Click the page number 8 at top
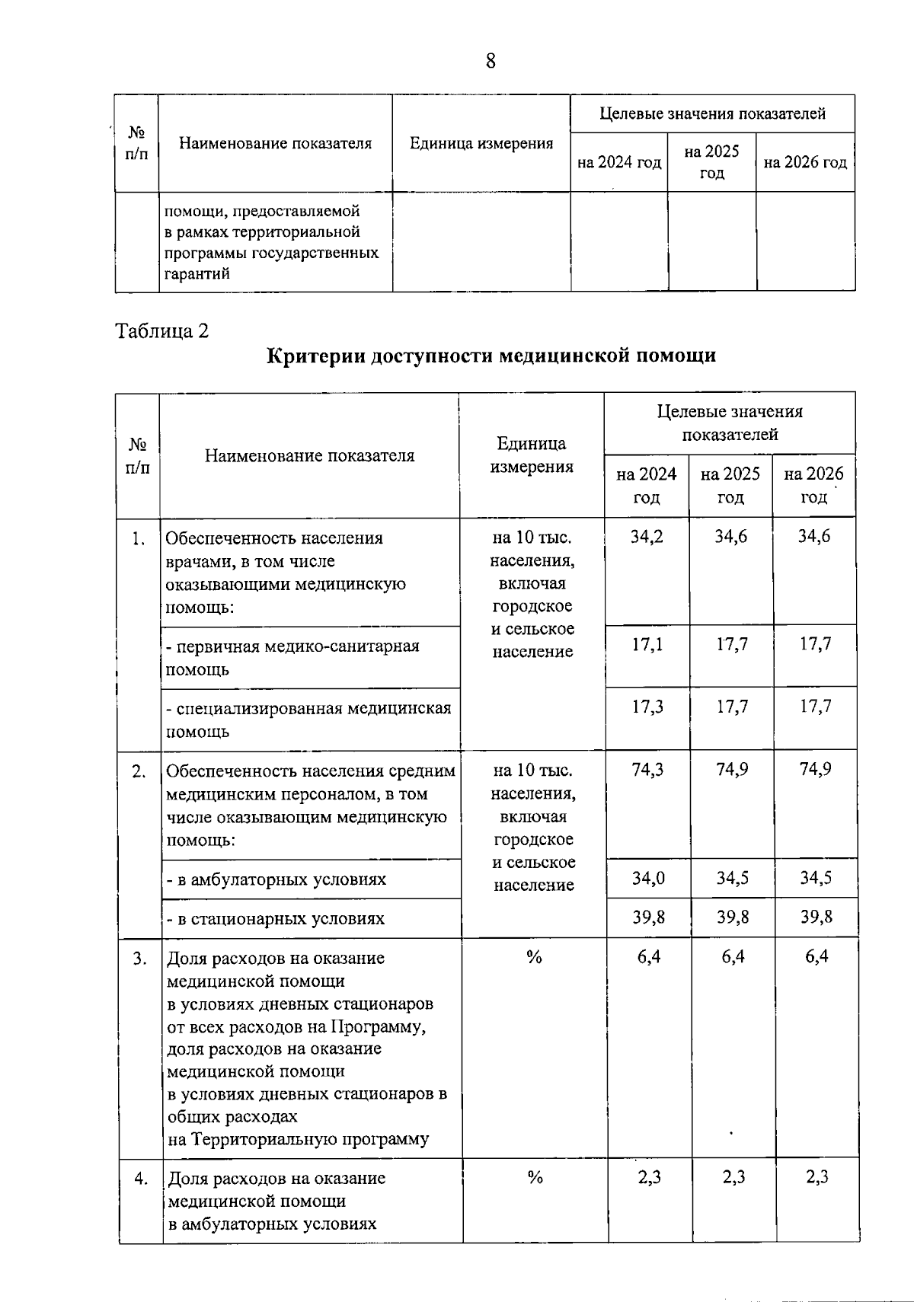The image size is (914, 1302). (x=490, y=61)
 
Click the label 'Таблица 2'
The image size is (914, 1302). (x=161, y=331)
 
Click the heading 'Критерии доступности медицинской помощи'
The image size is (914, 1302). (x=491, y=356)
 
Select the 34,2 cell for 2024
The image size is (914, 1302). (x=647, y=537)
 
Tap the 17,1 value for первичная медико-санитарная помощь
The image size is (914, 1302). (x=647, y=645)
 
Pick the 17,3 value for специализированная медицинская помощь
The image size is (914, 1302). (x=647, y=707)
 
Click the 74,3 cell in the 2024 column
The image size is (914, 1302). (x=647, y=770)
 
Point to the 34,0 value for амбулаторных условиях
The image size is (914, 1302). (x=648, y=879)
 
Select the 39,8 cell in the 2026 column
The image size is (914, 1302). (x=816, y=917)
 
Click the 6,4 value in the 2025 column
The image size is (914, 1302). (x=733, y=957)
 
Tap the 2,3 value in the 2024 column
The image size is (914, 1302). (x=649, y=1178)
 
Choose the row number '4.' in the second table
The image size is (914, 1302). (x=141, y=1179)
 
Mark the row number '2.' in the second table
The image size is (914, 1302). (x=139, y=771)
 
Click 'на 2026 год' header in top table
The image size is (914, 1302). (x=805, y=163)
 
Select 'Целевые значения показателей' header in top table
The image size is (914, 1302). (x=712, y=114)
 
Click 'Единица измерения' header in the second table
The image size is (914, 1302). (x=532, y=455)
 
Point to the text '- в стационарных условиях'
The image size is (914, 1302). (x=276, y=919)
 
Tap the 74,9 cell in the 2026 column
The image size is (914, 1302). (x=815, y=770)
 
